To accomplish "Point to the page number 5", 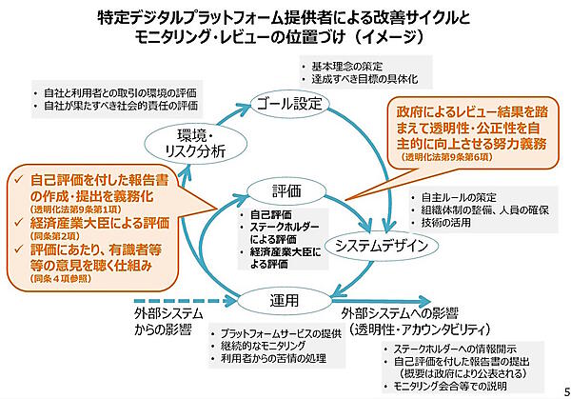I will [561, 390].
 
